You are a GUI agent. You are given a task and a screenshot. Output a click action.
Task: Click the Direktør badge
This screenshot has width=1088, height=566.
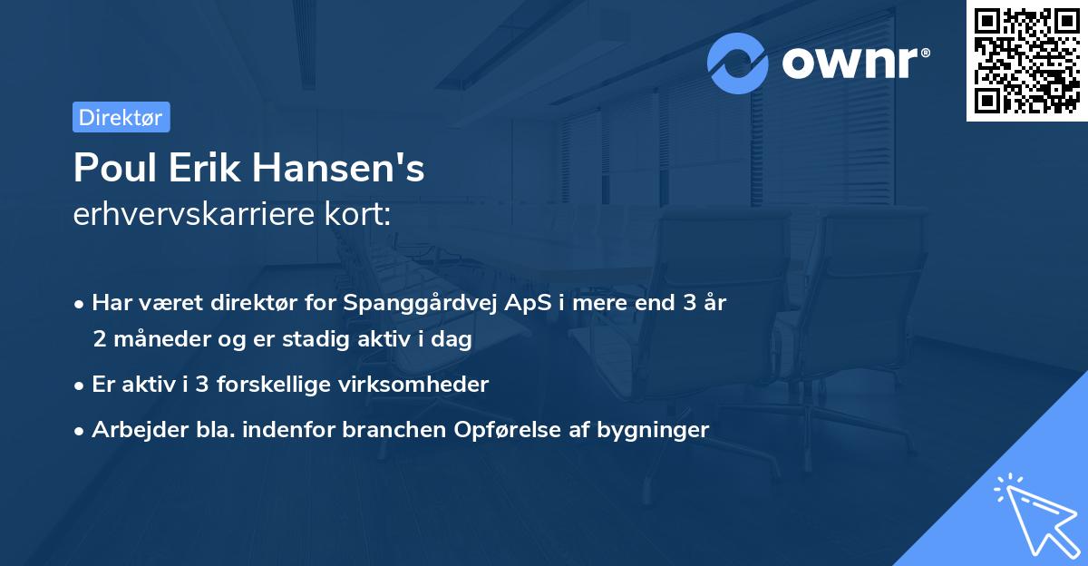121,117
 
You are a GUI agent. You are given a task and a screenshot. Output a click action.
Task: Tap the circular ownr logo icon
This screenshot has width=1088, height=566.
738,63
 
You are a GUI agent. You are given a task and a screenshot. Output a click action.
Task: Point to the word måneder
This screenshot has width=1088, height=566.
160,340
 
